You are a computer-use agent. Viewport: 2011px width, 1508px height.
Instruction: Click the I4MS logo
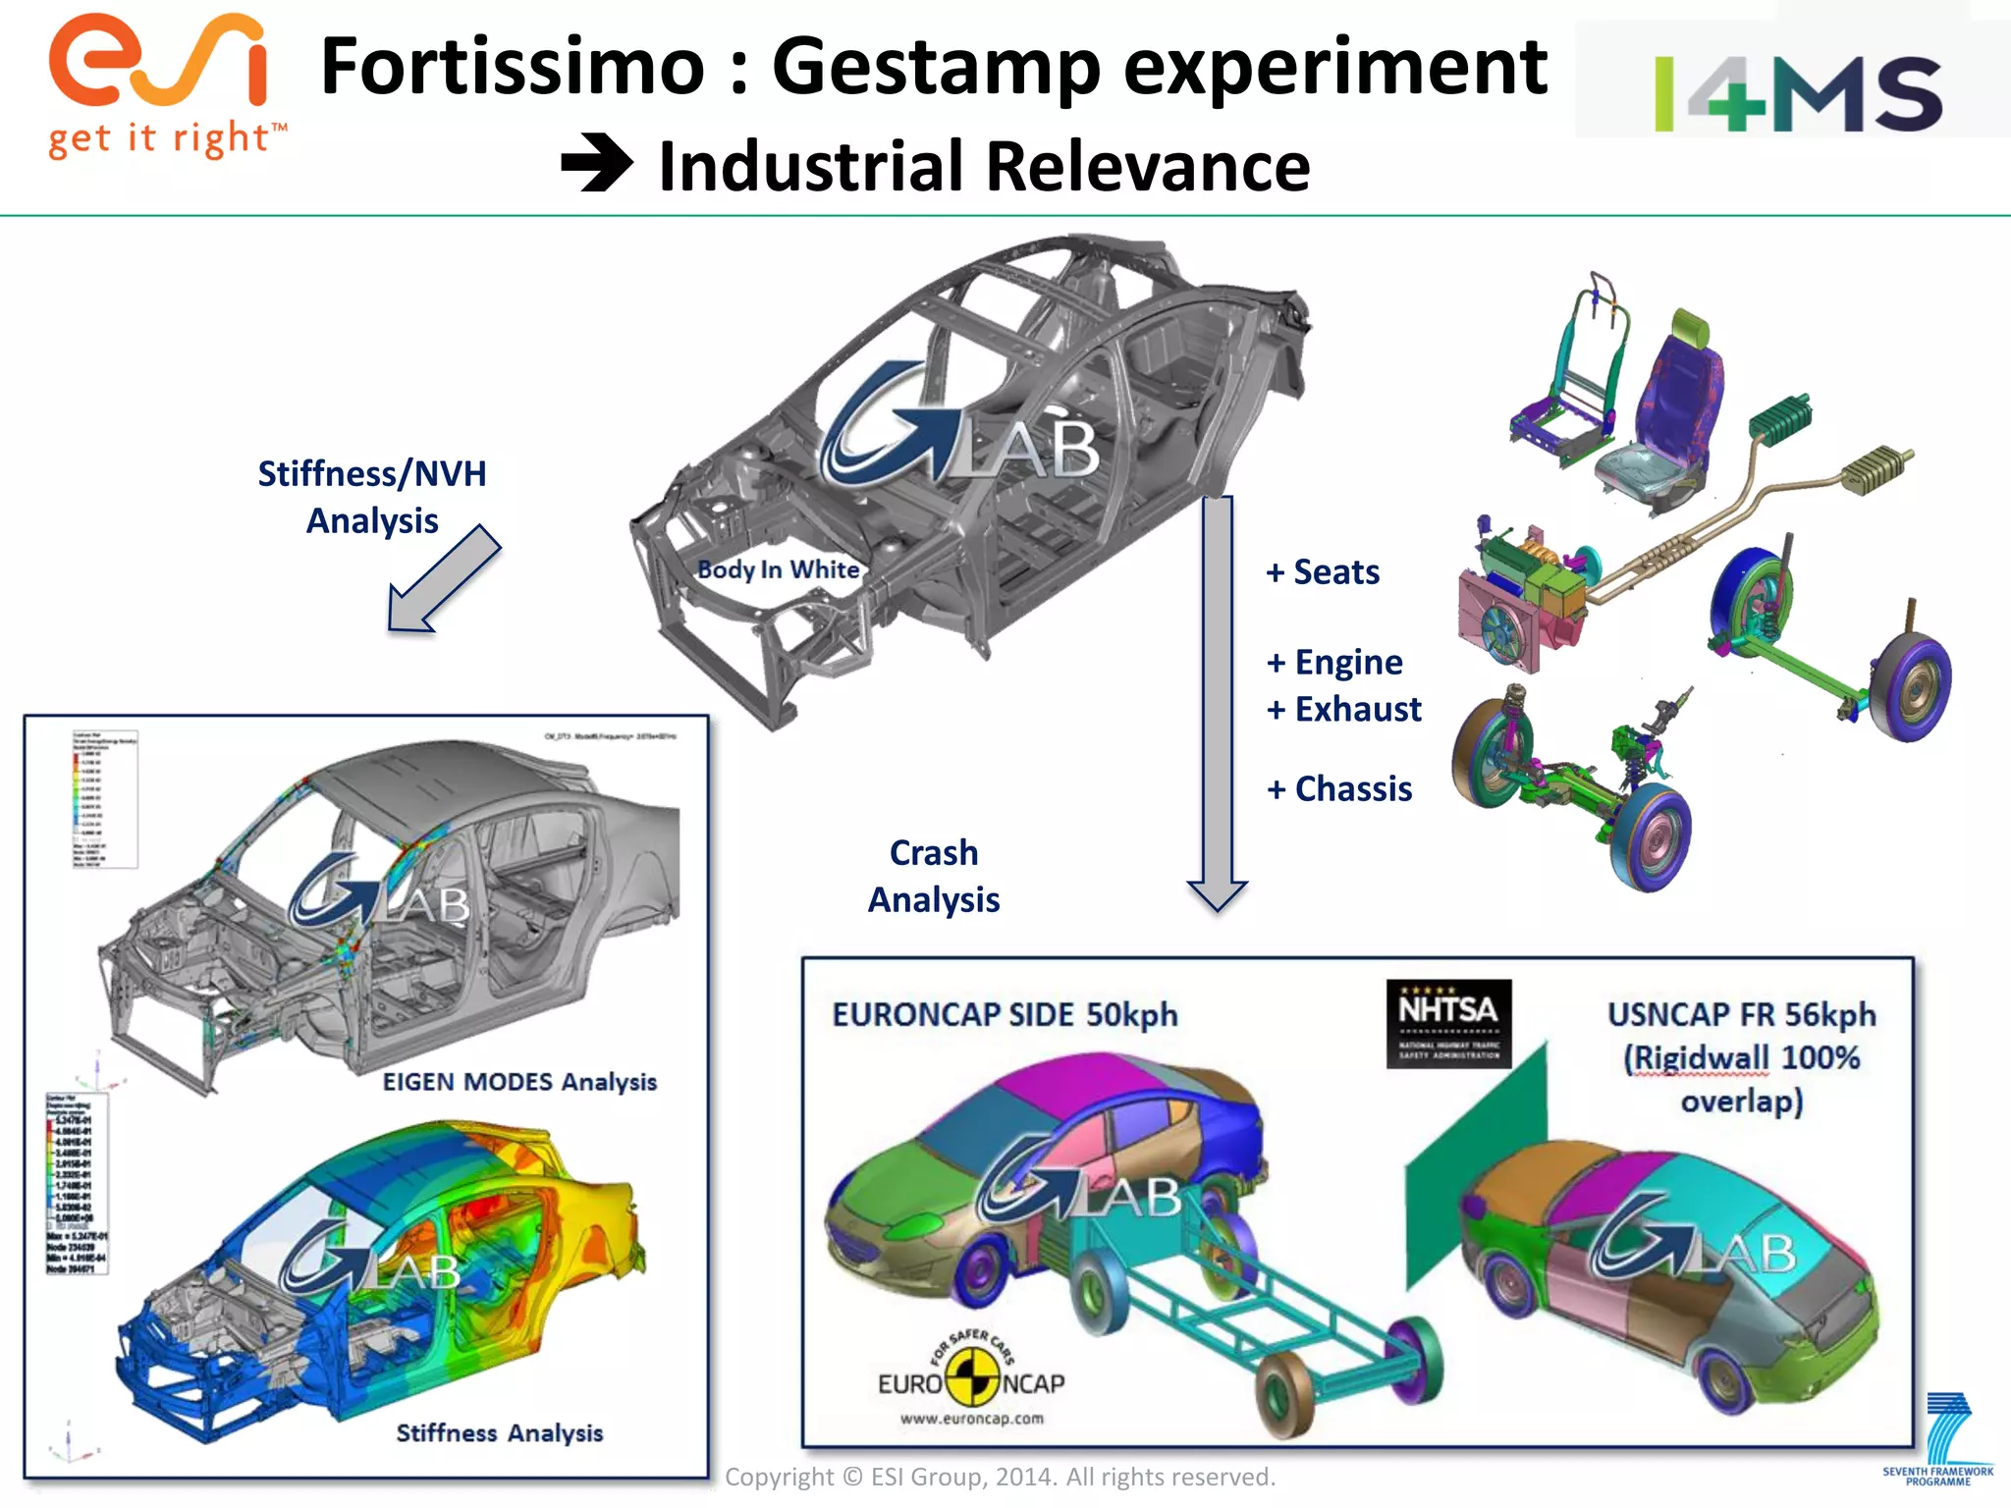point(1797,93)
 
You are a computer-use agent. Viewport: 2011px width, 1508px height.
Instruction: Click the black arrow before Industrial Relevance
point(597,163)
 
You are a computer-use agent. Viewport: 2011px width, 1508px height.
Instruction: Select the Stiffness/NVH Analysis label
point(372,497)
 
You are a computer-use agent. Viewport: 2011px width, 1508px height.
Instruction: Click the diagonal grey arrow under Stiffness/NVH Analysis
point(444,579)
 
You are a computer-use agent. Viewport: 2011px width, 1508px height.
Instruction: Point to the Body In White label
point(778,569)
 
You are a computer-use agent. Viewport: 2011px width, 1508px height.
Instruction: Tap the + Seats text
point(1323,571)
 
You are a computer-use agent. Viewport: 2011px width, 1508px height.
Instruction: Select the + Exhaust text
point(1344,709)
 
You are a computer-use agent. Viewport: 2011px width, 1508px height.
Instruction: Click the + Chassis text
point(1339,788)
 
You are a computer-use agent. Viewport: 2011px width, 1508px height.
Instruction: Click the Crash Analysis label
point(934,876)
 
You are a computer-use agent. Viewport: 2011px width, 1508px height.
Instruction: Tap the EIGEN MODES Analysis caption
point(519,1082)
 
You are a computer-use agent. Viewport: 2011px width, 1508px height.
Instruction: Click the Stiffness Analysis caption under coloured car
point(499,1433)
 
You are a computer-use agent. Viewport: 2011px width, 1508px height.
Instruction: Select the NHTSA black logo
point(1448,1023)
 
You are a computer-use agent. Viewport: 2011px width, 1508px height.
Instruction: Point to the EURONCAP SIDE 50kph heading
point(1005,1014)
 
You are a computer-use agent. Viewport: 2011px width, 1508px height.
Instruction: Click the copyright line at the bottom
point(1000,1477)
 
